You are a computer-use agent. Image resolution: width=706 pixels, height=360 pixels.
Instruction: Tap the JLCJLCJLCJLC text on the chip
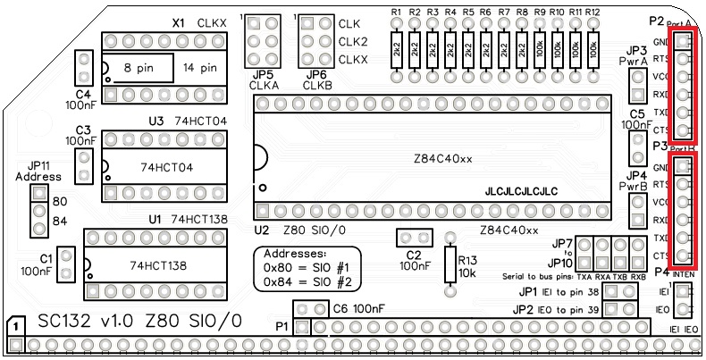[521, 192]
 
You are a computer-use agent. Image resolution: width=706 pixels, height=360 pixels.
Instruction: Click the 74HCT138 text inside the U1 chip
[157, 265]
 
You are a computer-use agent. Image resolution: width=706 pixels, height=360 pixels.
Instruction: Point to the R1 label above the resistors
[396, 13]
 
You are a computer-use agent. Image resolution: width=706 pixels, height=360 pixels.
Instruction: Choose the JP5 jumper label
[263, 74]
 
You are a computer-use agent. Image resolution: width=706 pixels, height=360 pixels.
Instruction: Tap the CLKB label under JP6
[316, 86]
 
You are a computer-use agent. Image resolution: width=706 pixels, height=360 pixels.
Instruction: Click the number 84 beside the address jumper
[61, 221]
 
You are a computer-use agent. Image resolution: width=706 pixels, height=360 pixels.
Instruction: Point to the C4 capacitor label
[83, 93]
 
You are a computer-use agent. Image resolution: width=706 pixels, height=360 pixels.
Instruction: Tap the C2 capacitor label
[412, 255]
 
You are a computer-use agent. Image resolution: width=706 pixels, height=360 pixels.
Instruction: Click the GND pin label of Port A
[661, 42]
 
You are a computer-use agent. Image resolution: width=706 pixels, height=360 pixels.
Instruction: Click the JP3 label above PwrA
[636, 50]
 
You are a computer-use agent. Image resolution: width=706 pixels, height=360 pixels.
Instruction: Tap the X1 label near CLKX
[178, 21]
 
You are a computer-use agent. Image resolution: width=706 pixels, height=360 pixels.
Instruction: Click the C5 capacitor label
[636, 114]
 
